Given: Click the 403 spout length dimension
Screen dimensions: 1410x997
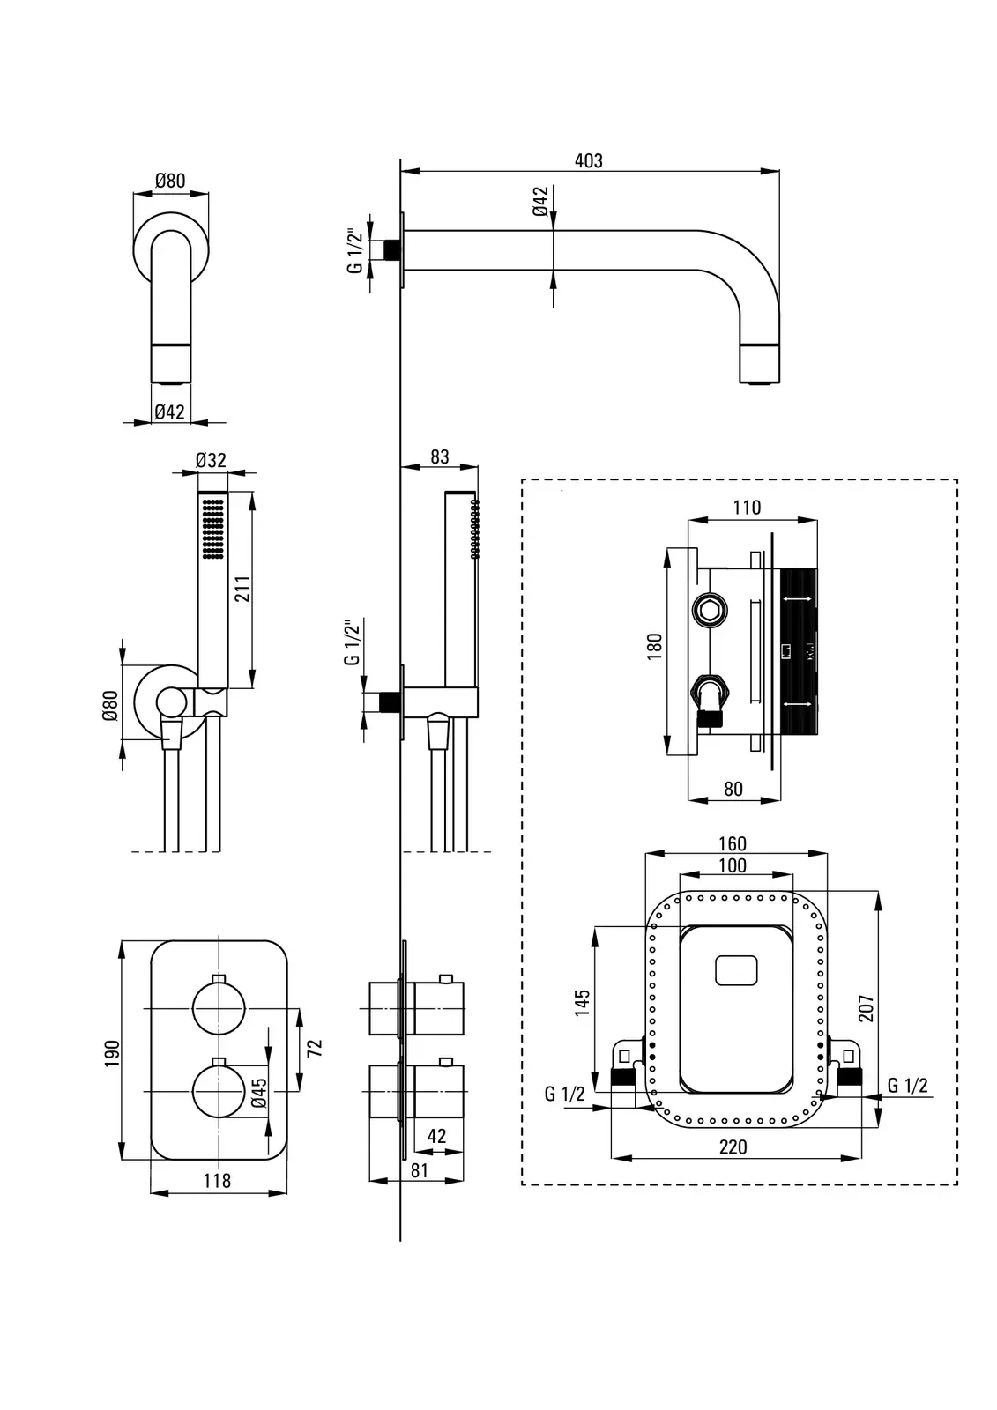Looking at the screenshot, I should [x=588, y=161].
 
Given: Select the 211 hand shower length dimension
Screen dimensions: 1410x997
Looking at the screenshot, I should [x=242, y=589].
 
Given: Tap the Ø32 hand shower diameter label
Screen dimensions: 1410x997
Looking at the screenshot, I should [x=211, y=460].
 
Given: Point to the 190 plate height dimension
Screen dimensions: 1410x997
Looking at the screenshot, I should [x=112, y=1053].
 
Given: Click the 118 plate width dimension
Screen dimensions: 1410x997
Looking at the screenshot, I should [x=217, y=1181].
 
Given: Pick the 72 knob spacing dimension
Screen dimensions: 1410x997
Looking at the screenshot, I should [x=315, y=1047].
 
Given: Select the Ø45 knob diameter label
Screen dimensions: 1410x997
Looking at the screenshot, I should [x=258, y=1092].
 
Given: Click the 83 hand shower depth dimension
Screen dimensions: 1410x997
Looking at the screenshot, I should [x=439, y=457].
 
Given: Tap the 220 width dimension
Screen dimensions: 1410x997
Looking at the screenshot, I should [x=733, y=1147].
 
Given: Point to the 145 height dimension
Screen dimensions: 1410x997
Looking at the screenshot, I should [x=583, y=1004].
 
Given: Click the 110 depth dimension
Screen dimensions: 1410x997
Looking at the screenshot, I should [x=746, y=508].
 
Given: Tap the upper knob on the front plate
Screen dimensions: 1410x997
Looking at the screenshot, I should [x=219, y=1010].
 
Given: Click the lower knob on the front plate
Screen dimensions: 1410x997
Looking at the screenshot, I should [x=219, y=1090].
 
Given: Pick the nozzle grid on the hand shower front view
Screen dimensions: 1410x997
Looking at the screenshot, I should [x=212, y=528].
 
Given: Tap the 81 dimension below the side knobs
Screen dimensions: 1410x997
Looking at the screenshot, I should [x=420, y=1170].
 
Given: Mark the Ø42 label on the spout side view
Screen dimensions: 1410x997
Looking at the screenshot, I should [x=541, y=202].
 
